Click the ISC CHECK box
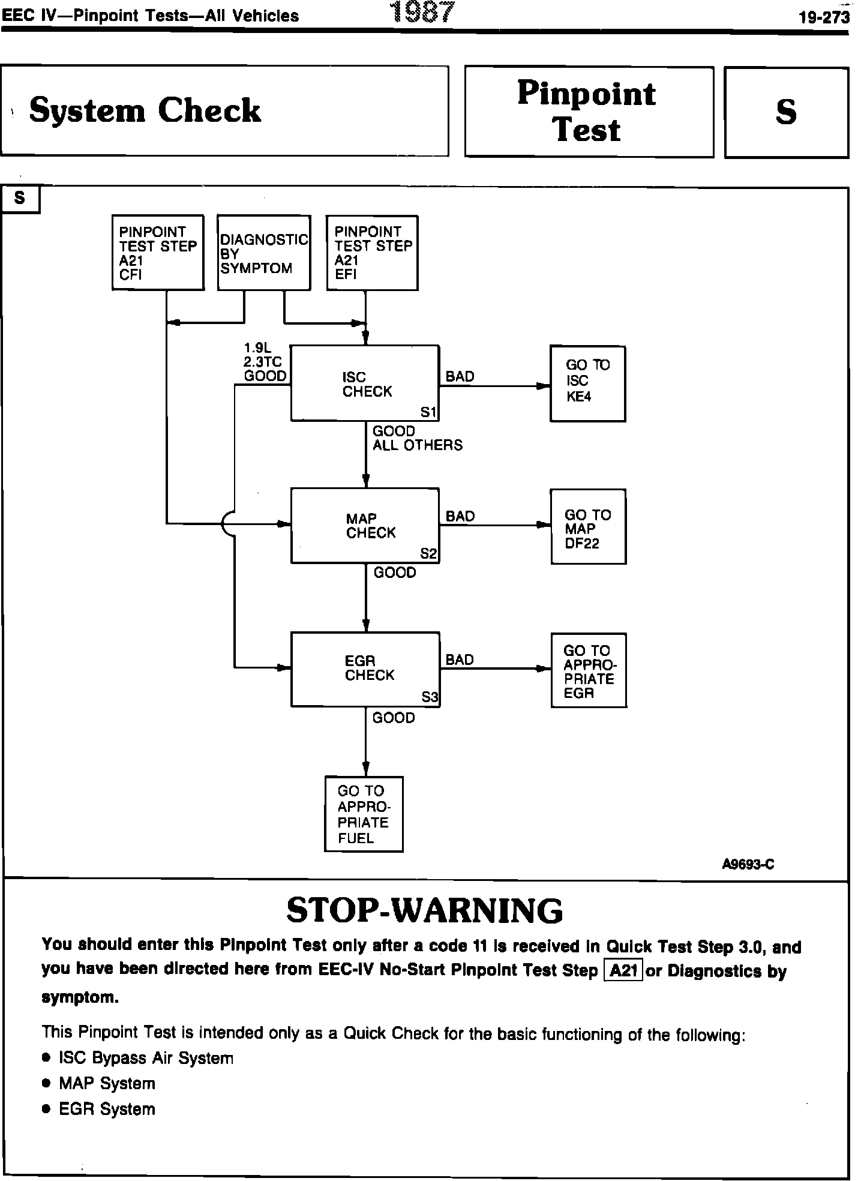365,383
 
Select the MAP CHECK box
365,526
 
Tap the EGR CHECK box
365,669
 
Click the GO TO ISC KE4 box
588,383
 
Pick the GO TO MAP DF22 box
588,526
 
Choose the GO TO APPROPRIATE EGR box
589,670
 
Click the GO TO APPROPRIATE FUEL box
364,814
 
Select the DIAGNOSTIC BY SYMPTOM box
264,253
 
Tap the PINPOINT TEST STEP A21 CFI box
158,253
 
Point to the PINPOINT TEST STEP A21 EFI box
372,253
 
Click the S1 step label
428,412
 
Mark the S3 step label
430,697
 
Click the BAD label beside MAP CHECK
460,516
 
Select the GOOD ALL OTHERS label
417,438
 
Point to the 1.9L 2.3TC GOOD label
265,362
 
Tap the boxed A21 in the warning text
623,970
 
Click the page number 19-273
824,17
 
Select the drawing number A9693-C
748,864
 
